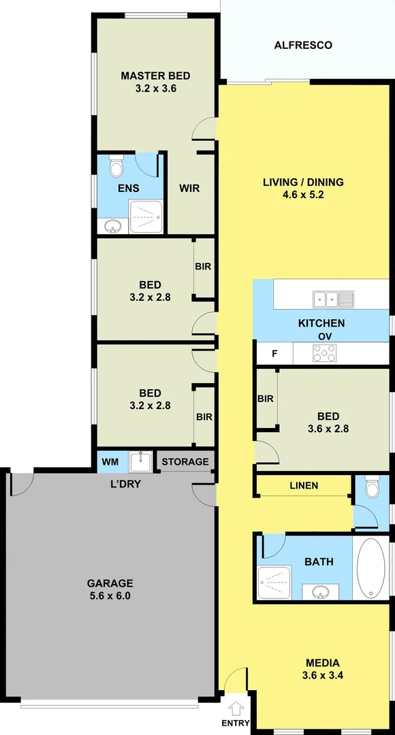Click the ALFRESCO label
point(303,46)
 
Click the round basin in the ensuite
point(112,226)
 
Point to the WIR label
point(189,189)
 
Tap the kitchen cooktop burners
point(323,353)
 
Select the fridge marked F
point(274,353)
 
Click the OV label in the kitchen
point(324,337)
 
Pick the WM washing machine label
point(110,462)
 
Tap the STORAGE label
point(185,462)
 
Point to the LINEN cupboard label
point(303,485)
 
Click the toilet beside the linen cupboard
point(372,488)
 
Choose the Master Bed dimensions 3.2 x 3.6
point(155,88)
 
